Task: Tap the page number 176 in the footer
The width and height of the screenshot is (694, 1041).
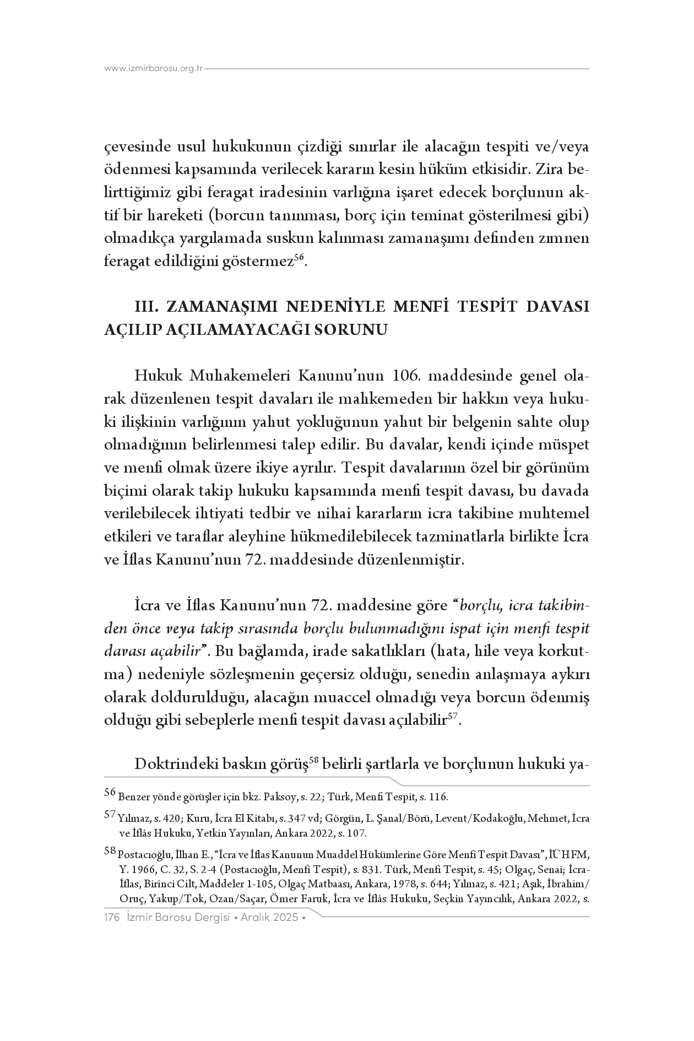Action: coord(112,918)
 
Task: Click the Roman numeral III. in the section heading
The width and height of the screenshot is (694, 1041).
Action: coord(147,306)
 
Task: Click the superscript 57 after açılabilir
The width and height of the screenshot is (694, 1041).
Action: coord(453,717)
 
